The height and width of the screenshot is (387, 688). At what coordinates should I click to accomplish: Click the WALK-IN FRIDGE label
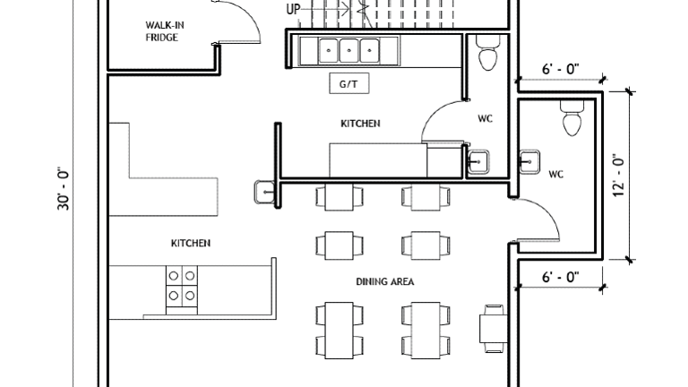point(161,30)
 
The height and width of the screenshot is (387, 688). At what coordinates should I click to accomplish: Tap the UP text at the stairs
point(293,10)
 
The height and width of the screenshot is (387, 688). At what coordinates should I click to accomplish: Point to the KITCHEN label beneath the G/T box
point(359,123)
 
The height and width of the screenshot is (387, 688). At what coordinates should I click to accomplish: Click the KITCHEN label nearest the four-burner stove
point(191,243)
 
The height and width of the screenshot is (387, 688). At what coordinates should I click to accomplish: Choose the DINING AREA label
point(384,281)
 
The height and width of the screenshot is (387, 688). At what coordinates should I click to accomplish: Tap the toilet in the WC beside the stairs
point(487,54)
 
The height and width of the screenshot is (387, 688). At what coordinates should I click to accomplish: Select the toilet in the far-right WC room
point(571,117)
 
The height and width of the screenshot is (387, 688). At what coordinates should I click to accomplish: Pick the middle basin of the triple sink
point(347,50)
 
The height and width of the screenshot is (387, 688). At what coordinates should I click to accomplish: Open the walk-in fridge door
point(237,21)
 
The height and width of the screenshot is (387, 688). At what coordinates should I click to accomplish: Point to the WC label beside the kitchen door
point(485,118)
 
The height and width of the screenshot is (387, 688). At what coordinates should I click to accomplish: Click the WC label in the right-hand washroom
point(555,174)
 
